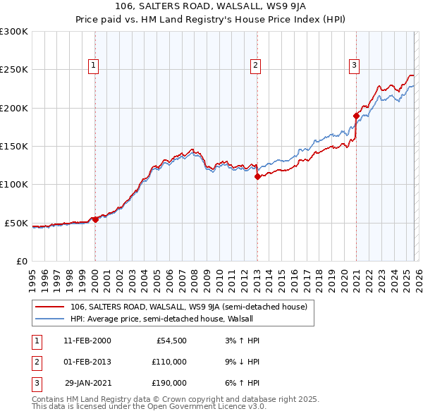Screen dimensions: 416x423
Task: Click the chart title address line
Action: point(211,8)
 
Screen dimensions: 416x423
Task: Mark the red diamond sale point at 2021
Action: point(356,116)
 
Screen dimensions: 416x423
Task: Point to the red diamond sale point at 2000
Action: point(95,219)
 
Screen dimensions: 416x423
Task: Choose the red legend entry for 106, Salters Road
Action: point(188,307)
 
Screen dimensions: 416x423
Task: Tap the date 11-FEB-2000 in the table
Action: point(87,341)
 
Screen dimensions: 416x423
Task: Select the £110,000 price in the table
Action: point(169,362)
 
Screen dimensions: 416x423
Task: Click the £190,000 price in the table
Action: point(169,383)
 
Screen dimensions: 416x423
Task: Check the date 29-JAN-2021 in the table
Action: point(87,383)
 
